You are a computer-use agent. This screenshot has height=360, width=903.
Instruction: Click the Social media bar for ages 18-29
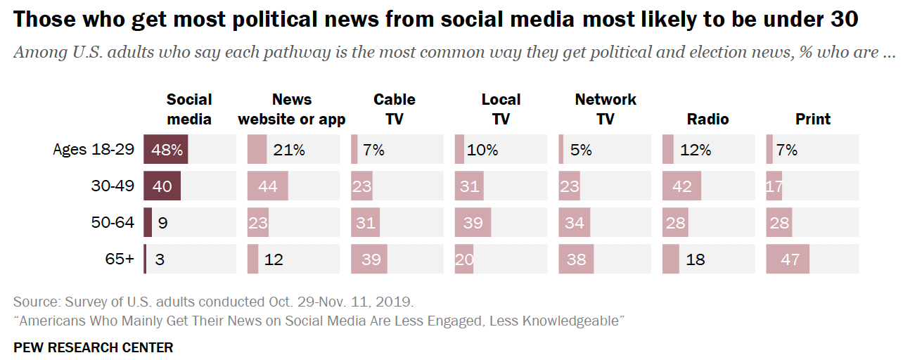pyautogui.click(x=166, y=150)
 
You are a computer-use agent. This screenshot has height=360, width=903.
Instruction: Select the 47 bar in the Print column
pyautogui.click(x=788, y=259)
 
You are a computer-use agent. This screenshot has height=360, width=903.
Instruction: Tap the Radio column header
pyautogui.click(x=707, y=119)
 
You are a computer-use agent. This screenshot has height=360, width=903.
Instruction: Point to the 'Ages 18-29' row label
pyautogui.click(x=94, y=150)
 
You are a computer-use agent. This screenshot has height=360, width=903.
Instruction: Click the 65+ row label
pyautogui.click(x=120, y=259)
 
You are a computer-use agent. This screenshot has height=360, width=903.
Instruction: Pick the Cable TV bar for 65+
pyautogui.click(x=369, y=259)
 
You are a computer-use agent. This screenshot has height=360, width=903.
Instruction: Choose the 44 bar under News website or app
pyautogui.click(x=268, y=186)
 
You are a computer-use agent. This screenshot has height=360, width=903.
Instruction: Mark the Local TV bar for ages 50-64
pyautogui.click(x=473, y=223)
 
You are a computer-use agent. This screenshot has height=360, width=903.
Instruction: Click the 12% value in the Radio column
pyautogui.click(x=696, y=150)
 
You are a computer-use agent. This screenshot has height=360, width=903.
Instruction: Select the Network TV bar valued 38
pyautogui.click(x=576, y=259)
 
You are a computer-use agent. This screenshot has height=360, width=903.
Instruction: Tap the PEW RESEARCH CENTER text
pyautogui.click(x=93, y=347)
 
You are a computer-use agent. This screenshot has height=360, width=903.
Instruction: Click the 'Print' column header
pyautogui.click(x=813, y=119)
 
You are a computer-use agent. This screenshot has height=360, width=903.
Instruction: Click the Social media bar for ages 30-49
pyautogui.click(x=162, y=186)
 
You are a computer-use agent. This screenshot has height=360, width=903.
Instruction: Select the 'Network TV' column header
pyautogui.click(x=605, y=109)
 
